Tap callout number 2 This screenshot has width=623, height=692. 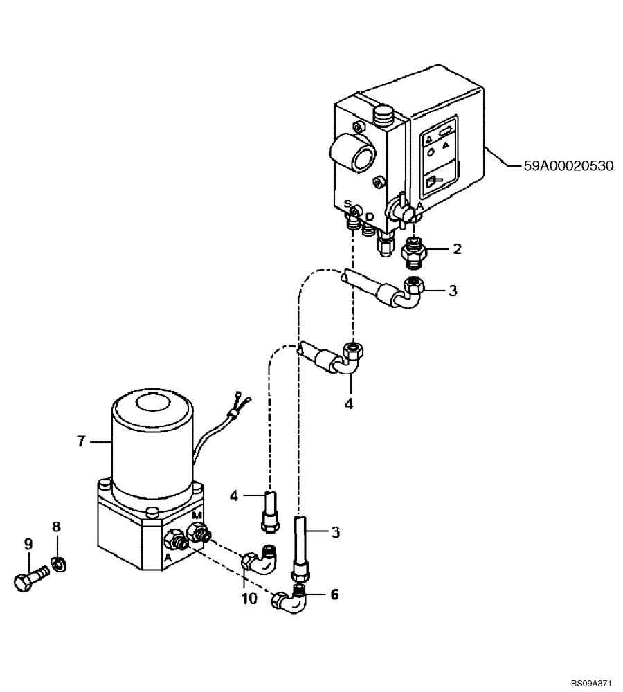pos(457,249)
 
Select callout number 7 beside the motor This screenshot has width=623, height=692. pos(81,440)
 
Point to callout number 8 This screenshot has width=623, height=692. pos(57,527)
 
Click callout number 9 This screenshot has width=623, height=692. pos(28,545)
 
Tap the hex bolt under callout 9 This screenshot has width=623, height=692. pos(30,578)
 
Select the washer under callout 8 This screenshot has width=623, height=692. pos(59,565)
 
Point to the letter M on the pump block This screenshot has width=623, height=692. pos(197,515)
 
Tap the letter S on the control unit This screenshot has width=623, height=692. pos(347,203)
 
